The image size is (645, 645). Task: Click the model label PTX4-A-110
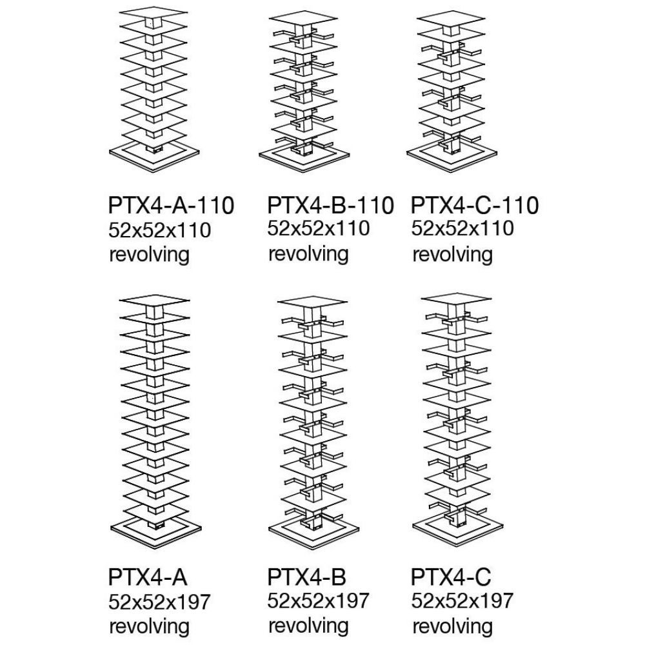[x=171, y=205]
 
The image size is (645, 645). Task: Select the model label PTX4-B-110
[x=331, y=205]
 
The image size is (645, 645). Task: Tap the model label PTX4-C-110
[x=475, y=205]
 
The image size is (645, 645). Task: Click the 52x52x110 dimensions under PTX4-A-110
[x=159, y=230]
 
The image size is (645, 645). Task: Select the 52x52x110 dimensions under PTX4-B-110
[x=319, y=228]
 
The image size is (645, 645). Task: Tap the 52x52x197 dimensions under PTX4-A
[x=159, y=602]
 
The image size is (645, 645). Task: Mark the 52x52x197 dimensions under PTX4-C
[x=462, y=600]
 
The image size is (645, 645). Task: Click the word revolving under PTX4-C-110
[x=453, y=254]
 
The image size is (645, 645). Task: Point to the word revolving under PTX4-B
[x=308, y=626]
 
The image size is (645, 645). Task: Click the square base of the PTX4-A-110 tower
[x=154, y=155]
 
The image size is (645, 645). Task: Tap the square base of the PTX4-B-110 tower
[x=304, y=159]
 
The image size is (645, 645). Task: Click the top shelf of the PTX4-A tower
[x=154, y=301]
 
